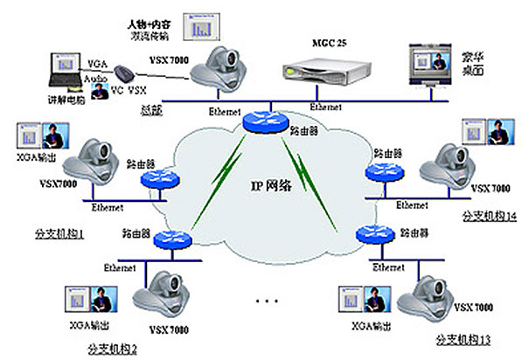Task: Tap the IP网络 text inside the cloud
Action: [268, 188]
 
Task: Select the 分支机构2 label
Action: [112, 350]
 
